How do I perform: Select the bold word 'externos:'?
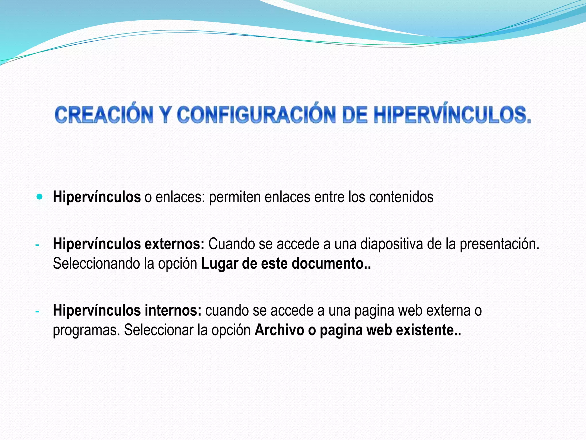coord(174,244)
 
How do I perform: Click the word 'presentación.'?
coord(499,244)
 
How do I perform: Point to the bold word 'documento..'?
coord(331,264)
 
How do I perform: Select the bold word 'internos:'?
coord(173,311)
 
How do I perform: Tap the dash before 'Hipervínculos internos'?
coord(37,311)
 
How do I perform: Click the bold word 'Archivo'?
coord(279,330)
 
